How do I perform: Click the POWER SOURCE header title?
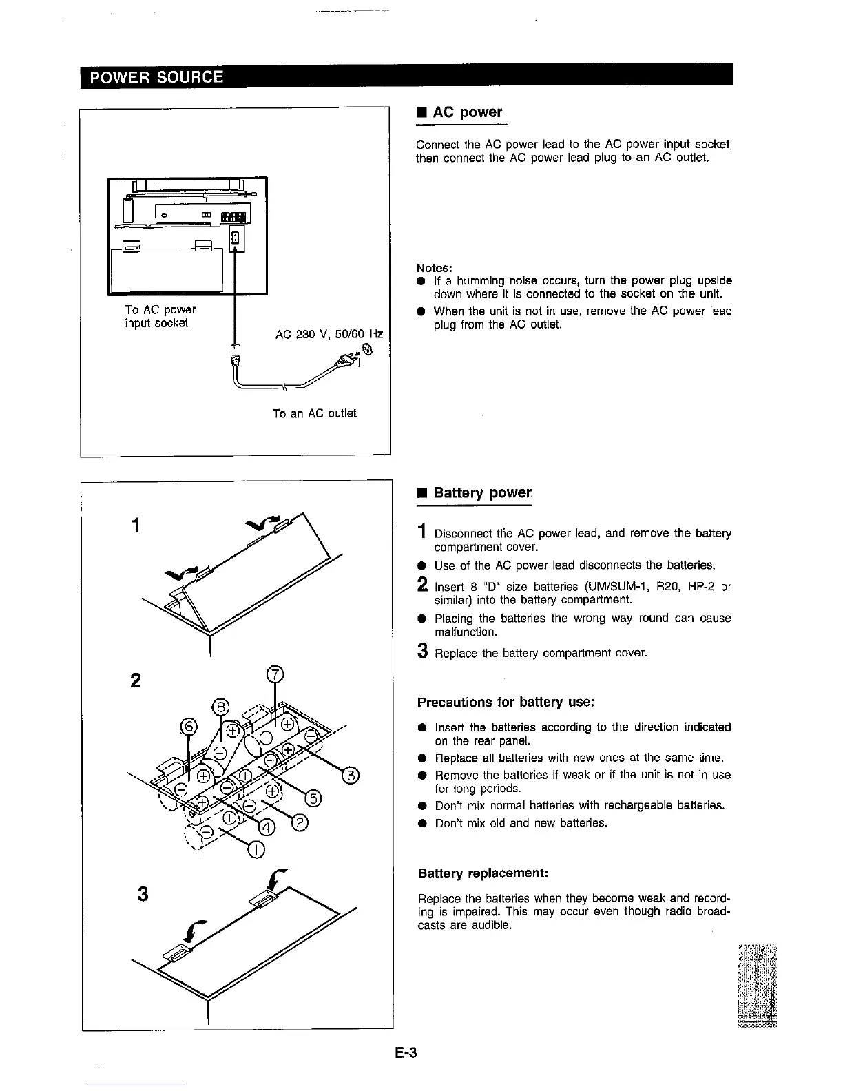158,76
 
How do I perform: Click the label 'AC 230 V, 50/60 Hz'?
329,335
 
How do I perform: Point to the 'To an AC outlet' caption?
314,413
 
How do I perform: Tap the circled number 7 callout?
274,675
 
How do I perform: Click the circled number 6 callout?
188,726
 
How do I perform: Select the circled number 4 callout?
266,828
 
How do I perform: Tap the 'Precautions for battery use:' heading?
506,703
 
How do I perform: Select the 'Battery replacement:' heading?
483,874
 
